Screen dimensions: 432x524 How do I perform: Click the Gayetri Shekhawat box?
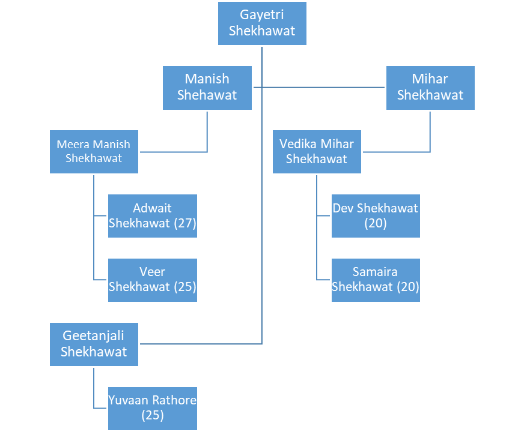point(262,23)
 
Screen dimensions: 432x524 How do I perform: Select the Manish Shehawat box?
point(207,88)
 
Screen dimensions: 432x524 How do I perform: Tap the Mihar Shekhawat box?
point(430,88)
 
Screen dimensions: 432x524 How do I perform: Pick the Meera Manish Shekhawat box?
point(94,151)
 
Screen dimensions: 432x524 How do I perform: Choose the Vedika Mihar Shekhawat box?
point(317,151)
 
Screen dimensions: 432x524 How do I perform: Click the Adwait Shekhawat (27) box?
point(153,216)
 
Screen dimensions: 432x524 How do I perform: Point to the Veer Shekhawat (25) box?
point(153,280)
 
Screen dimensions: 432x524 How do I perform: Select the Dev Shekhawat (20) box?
point(376,216)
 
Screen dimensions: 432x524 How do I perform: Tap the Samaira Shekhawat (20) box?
point(376,280)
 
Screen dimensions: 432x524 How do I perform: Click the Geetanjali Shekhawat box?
point(94,344)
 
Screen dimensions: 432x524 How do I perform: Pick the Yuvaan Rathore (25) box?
point(153,407)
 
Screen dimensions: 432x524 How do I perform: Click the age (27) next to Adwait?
point(185,224)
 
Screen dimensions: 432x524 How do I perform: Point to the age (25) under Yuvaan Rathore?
point(153,415)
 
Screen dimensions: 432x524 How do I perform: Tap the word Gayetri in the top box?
point(262,15)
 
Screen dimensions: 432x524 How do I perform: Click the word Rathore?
point(174,400)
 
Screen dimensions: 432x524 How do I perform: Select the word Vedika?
point(299,144)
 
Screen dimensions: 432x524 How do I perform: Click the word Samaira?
point(376,272)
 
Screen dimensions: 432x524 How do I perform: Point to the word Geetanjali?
point(94,336)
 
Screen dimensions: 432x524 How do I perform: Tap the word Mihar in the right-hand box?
point(430,79)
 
